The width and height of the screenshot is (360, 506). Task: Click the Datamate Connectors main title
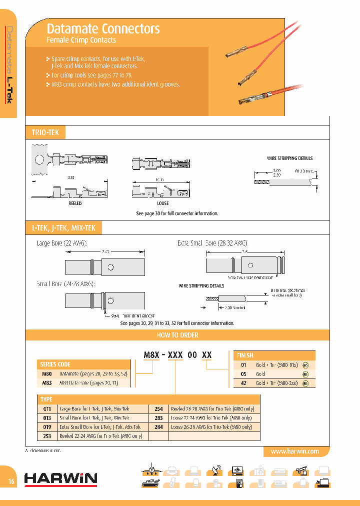point(103,28)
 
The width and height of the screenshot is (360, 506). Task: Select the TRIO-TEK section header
point(45,132)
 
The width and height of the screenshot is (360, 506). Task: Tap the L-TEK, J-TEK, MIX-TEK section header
point(63,228)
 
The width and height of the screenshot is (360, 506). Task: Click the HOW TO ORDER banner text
point(177,335)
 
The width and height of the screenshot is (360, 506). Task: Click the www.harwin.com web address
point(294,451)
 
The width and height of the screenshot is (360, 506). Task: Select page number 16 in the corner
point(11,481)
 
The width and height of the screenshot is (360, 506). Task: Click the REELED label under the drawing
point(75,203)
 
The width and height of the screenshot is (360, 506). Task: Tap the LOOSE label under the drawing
point(162,203)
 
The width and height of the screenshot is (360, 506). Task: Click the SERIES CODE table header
point(54,364)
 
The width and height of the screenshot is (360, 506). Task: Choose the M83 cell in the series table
point(47,383)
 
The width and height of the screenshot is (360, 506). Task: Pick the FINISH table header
point(245,355)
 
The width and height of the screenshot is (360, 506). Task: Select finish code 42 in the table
point(244,383)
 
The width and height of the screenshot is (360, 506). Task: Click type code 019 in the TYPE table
point(47,427)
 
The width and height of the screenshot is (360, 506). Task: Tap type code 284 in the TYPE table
point(159,427)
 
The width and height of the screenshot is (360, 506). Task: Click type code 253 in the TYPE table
point(47,436)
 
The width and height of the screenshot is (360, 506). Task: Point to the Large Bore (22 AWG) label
point(62,243)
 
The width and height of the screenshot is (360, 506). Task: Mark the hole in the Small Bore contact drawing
point(113,300)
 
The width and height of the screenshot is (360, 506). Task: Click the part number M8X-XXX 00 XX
point(178,355)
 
